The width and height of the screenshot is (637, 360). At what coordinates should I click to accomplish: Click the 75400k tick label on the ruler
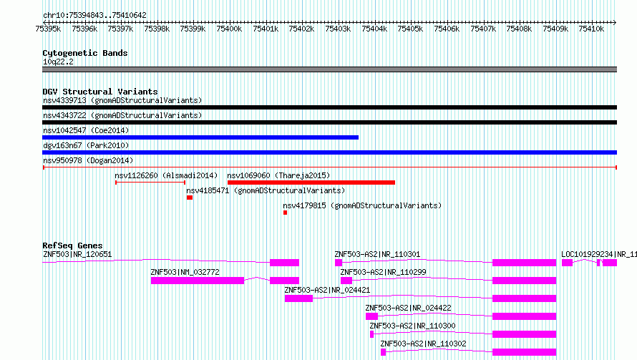coord(229,29)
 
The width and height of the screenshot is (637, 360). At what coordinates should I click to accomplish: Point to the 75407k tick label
coord(483,29)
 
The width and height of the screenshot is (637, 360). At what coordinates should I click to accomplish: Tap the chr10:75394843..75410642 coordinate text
coord(94,16)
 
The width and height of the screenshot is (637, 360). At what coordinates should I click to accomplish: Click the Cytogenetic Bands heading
coord(85,53)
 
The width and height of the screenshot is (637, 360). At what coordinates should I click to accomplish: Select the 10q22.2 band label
coord(58,62)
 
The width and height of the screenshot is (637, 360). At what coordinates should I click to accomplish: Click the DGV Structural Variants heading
coord(100,92)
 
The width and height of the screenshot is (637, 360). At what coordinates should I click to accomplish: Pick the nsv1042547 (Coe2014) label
coord(86,130)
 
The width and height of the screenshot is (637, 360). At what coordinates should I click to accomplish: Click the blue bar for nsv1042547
coord(200,137)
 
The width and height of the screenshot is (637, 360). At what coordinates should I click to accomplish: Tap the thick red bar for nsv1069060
coord(311,183)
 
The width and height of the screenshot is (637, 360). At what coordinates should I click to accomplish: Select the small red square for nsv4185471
coord(190,198)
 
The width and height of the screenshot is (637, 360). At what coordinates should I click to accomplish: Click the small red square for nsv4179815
coord(285,213)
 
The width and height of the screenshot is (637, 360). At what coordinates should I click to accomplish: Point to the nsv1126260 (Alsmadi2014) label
coord(166,175)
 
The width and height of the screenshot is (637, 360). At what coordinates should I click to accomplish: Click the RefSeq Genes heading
coord(72,245)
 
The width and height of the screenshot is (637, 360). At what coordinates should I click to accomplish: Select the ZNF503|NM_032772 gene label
coord(185,272)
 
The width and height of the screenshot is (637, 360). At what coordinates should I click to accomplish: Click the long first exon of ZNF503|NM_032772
coord(198,281)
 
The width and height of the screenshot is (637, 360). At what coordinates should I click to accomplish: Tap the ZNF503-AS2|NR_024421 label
coord(327,290)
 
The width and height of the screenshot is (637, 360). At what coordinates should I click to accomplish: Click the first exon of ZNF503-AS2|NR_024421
coord(298,298)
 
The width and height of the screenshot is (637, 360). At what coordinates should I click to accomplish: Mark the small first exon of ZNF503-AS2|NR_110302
coord(383,352)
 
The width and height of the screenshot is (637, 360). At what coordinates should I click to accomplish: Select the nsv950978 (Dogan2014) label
coord(88,160)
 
